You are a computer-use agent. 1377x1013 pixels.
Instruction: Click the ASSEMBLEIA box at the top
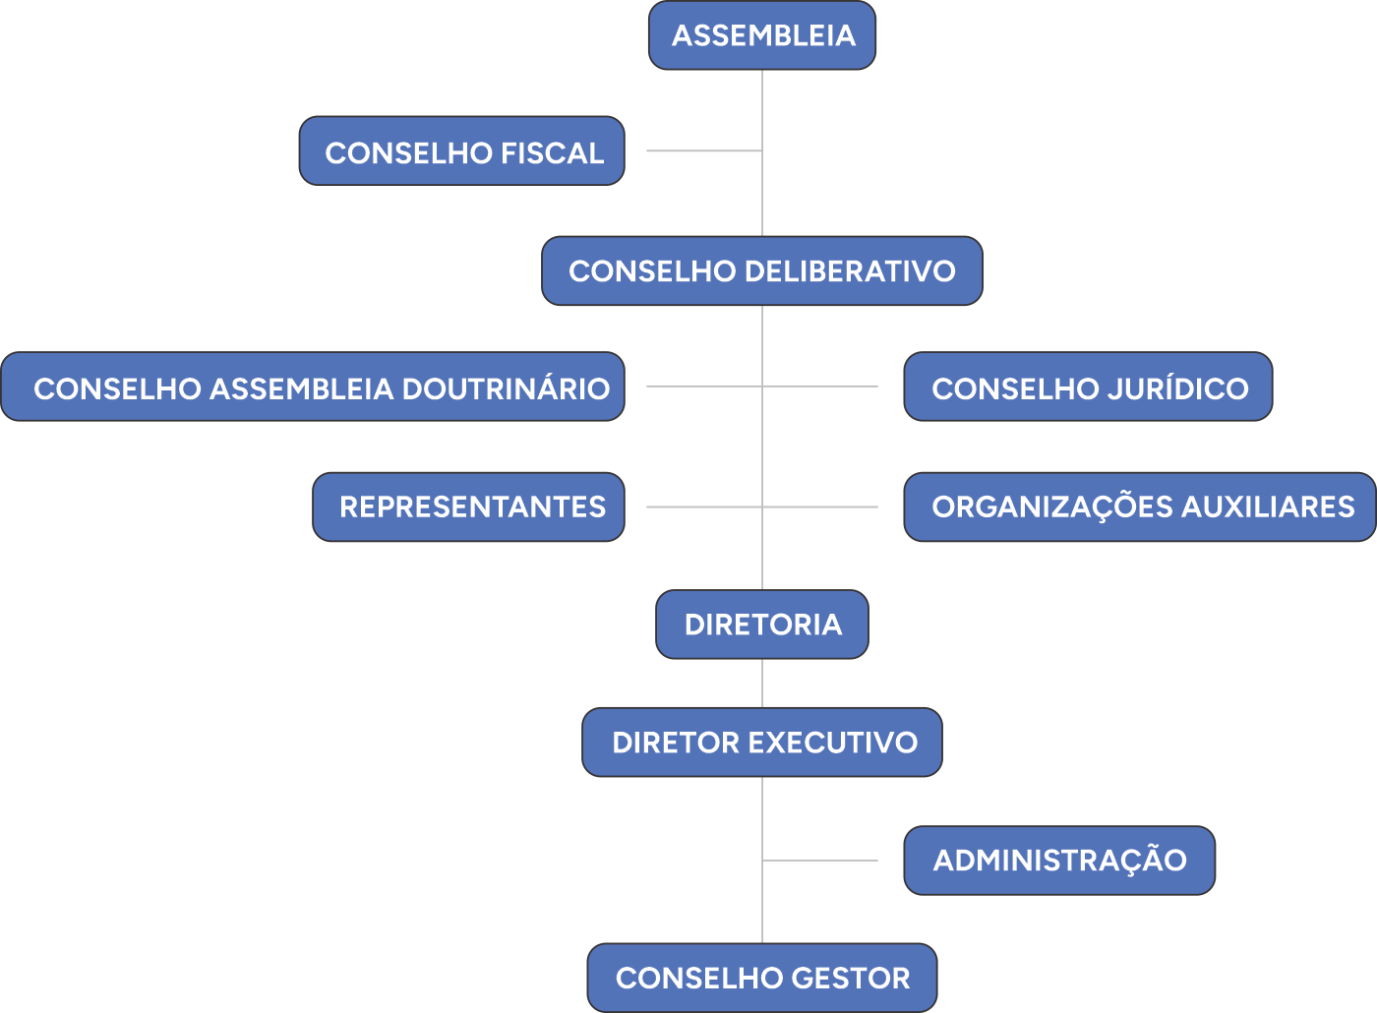coord(762,35)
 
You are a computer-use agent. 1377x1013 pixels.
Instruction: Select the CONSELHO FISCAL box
coord(462,151)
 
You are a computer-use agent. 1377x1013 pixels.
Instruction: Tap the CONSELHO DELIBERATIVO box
coord(762,270)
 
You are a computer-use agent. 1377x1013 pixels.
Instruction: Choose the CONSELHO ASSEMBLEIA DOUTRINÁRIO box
coord(313,387)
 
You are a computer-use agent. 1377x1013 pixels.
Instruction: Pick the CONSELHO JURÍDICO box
coord(1088,387)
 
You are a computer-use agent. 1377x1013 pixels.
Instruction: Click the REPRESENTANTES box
coord(469,506)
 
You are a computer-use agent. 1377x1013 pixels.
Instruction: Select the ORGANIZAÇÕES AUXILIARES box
coord(1140,506)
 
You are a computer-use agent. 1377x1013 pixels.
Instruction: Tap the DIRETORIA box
coord(762,625)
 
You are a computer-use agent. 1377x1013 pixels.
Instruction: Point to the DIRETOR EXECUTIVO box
coord(762,743)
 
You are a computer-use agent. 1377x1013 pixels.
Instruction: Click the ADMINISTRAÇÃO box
coord(1059,861)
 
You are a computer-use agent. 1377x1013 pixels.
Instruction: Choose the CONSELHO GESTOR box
coord(762,979)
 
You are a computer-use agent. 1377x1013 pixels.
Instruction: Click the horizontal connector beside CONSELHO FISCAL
coord(703,151)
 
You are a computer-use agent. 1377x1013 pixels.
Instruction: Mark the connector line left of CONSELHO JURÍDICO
coord(821,387)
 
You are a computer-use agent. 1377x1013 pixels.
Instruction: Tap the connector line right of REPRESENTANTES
coord(703,507)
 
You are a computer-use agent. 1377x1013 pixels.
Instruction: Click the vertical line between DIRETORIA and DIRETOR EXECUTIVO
coord(762,683)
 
